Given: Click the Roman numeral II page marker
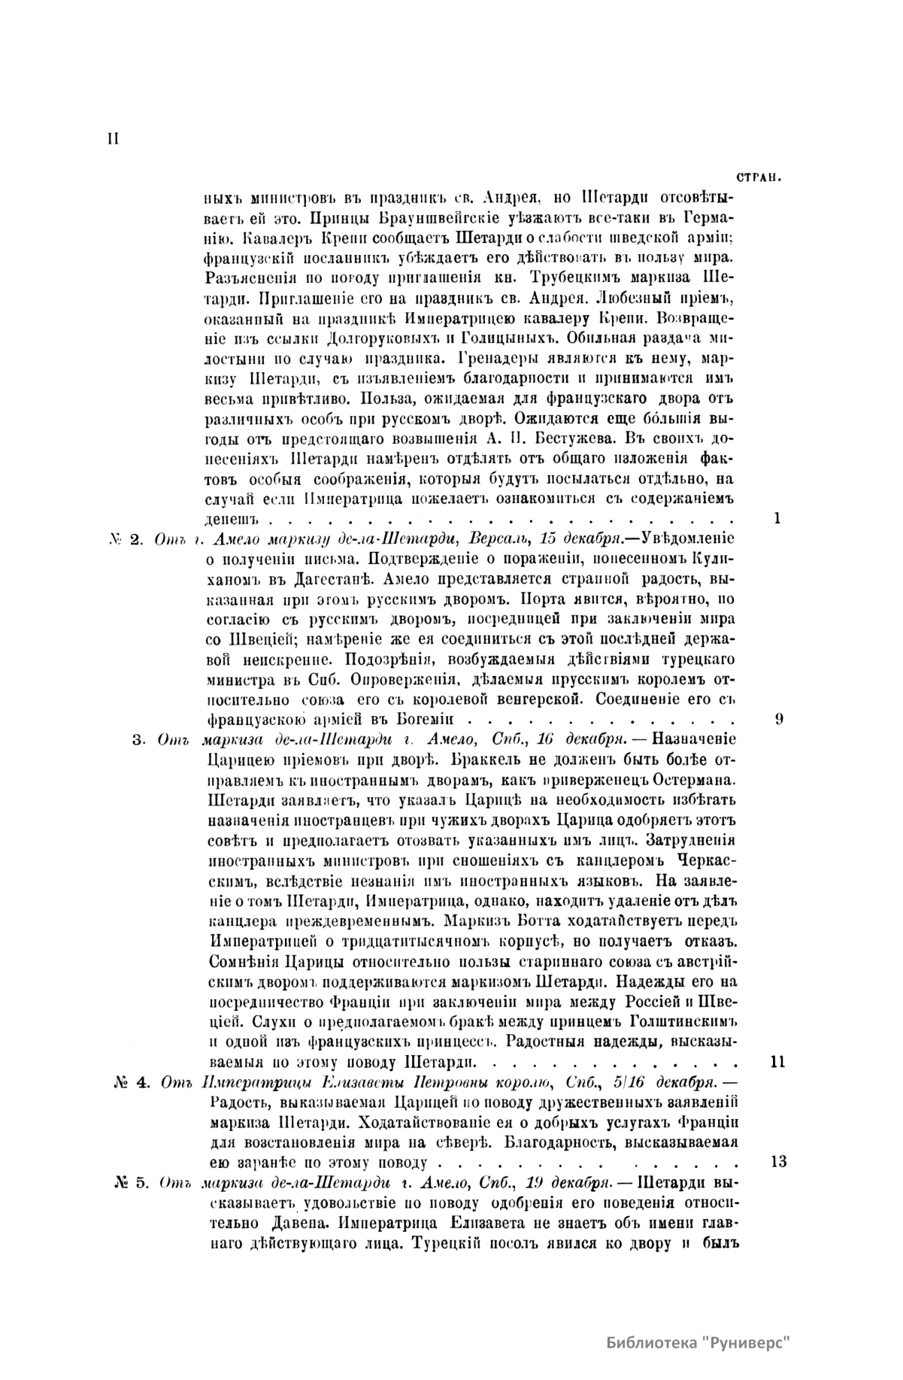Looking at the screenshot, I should point(114,140).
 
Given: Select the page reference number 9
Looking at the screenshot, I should point(779,717).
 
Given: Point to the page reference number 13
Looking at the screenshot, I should point(779,1161).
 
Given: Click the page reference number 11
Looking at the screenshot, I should point(779,1062).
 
